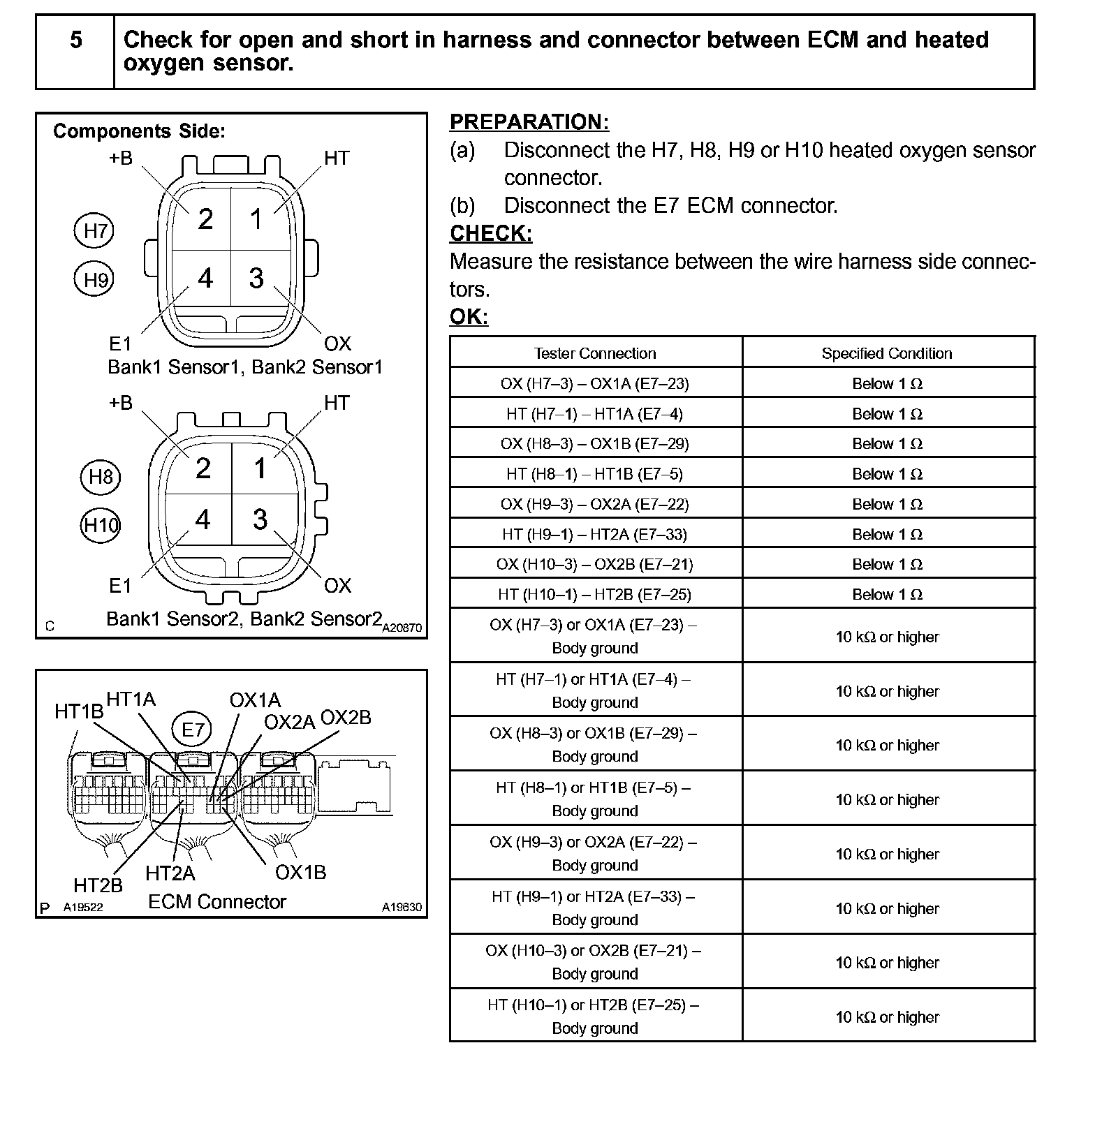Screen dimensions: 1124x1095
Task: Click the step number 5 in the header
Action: point(75,40)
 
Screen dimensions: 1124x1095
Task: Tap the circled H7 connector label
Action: point(94,230)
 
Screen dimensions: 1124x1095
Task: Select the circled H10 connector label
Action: point(101,525)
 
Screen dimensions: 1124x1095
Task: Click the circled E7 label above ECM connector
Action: point(192,730)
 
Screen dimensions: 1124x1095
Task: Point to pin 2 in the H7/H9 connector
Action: point(205,219)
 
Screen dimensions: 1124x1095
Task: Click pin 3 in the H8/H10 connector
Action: point(260,519)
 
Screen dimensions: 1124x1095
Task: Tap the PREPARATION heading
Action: point(529,122)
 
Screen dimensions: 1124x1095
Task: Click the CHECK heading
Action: point(490,233)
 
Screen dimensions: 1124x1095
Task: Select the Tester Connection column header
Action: point(595,353)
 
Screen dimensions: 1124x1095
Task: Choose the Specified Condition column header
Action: point(886,353)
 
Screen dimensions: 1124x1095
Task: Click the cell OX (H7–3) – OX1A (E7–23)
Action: point(595,383)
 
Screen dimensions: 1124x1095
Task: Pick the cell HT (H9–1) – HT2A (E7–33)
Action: point(595,534)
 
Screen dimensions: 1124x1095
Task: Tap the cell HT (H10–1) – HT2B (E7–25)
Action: point(595,594)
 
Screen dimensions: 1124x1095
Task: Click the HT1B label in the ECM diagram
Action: point(78,711)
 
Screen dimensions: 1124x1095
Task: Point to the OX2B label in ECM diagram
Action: point(345,718)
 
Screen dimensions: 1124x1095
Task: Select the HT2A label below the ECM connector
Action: point(170,873)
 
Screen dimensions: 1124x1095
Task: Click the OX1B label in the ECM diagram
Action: point(300,873)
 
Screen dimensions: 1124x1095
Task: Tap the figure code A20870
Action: point(402,628)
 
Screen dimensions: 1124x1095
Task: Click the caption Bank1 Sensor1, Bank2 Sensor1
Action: point(245,367)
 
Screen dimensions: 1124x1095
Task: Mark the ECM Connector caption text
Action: point(216,902)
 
